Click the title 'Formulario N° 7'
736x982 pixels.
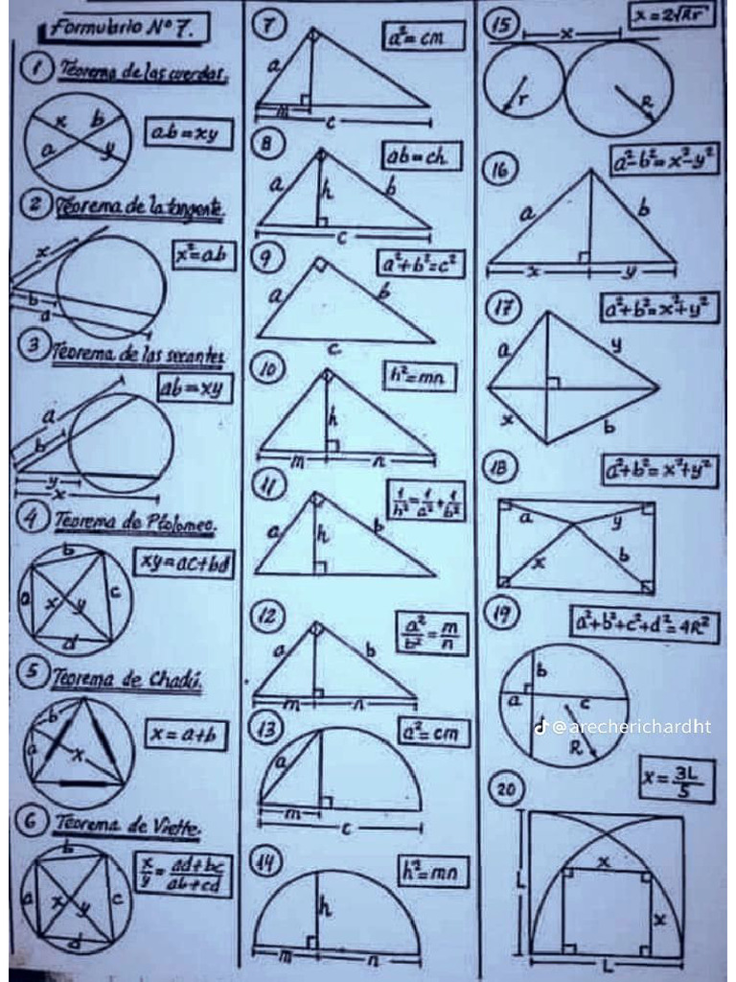click(123, 30)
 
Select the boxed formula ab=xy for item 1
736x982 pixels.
click(189, 135)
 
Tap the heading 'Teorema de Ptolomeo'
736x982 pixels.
click(134, 523)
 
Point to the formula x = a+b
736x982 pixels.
click(186, 735)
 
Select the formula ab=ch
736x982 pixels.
click(422, 155)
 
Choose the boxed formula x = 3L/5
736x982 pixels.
click(678, 781)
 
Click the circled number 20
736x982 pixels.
click(504, 788)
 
